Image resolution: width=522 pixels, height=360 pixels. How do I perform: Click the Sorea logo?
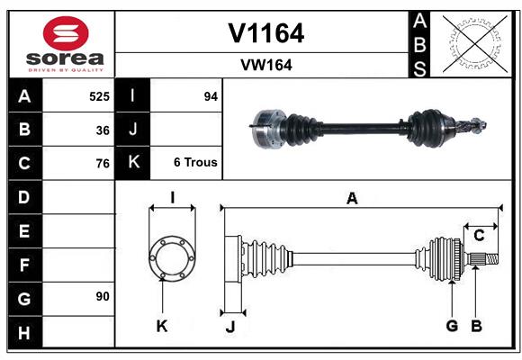click(x=66, y=45)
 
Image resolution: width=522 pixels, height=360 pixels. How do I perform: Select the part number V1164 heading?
click(x=265, y=33)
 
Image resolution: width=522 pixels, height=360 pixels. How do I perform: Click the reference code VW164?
click(x=265, y=65)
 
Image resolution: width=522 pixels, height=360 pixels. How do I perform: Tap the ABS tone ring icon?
click(x=474, y=44)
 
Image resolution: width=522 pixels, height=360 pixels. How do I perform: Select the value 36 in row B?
click(x=103, y=130)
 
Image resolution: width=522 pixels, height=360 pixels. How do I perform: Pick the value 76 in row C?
click(x=103, y=164)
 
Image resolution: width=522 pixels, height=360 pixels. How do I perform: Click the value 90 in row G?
click(x=103, y=296)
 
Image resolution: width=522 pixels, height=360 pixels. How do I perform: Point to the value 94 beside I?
click(x=211, y=95)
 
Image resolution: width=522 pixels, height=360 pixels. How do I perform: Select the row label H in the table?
click(x=24, y=334)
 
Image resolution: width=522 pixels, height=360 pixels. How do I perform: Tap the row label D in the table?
click(x=24, y=197)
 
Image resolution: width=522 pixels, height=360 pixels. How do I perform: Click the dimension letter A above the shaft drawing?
click(x=352, y=199)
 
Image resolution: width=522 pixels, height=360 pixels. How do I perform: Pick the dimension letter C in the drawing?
click(x=479, y=236)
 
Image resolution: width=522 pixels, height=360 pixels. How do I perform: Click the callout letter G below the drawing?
click(x=452, y=326)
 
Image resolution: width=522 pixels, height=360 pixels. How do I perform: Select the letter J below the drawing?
click(x=229, y=327)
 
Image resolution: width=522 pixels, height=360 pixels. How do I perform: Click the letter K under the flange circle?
click(x=162, y=326)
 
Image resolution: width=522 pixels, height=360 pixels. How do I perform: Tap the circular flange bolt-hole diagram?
click(x=171, y=258)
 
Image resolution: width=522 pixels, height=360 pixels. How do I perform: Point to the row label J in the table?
click(x=133, y=130)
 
